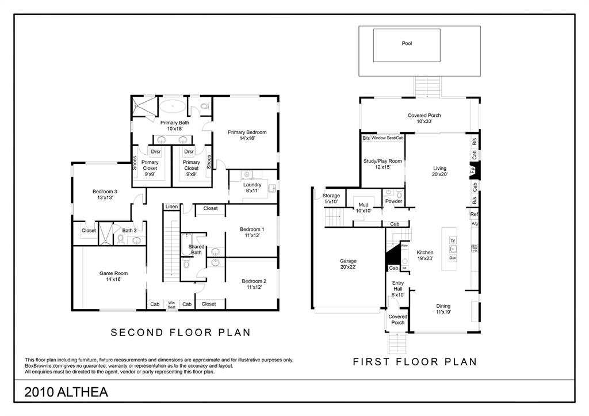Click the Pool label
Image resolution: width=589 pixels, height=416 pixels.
tap(407, 43)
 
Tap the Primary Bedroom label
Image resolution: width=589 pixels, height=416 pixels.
tap(247, 135)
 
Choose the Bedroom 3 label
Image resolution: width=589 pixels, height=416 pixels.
tap(105, 194)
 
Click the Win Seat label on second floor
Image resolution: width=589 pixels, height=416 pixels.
tap(171, 304)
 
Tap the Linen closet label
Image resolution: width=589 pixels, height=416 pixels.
tap(171, 207)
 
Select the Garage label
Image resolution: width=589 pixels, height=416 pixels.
tap(348, 264)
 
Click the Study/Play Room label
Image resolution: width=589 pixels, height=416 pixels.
tap(383, 164)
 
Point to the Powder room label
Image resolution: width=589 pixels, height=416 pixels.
tap(393, 201)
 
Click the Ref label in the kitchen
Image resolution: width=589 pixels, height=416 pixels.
tap(474, 214)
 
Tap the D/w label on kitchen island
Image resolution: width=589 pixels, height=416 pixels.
tap(453, 258)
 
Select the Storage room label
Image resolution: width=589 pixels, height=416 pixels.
tap(331, 199)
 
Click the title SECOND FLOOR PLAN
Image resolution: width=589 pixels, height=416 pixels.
tap(181, 333)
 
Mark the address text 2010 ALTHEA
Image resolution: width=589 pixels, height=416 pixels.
tap(66, 392)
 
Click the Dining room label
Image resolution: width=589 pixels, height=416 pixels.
tap(443, 309)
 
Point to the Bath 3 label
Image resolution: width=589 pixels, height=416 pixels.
tap(129, 231)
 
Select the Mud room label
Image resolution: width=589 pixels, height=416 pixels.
tap(364, 208)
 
